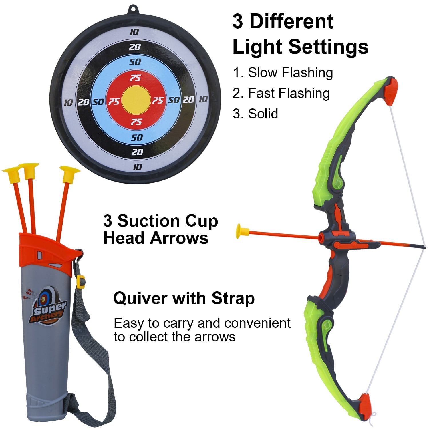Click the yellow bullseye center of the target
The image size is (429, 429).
coord(136,100)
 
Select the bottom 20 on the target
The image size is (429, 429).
coord(137,152)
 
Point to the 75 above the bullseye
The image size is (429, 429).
coord(135,78)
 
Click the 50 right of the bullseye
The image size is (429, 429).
coord(174,100)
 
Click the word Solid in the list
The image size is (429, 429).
coord(263,114)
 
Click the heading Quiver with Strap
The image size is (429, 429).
coord(184,299)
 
